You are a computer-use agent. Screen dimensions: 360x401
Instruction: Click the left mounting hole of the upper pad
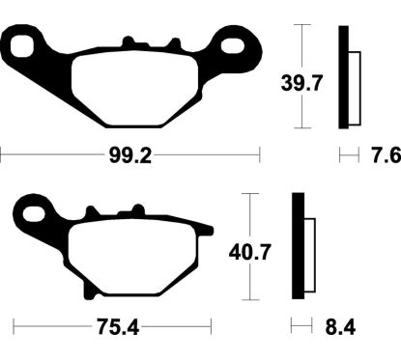(x=22, y=43)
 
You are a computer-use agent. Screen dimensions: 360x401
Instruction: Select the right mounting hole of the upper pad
(x=235, y=43)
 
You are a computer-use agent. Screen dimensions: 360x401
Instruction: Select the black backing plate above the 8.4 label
(x=299, y=247)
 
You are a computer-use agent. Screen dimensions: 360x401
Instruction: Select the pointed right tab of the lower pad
(x=206, y=229)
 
